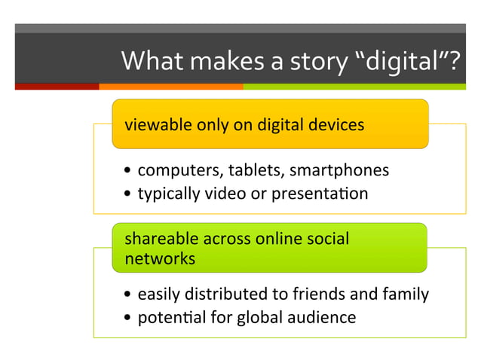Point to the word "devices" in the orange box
[336, 125]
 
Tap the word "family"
[407, 294]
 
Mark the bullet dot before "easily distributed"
[130, 295]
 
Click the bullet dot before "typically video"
[130, 195]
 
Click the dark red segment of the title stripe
[57, 87]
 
